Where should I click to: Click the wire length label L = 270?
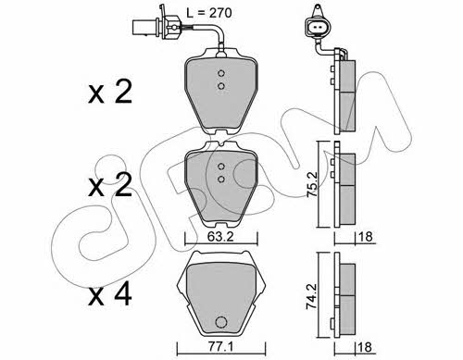point(209,13)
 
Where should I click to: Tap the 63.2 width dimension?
point(220,237)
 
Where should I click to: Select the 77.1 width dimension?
point(220,347)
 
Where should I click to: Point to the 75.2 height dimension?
point(312,184)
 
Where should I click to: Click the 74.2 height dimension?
point(312,296)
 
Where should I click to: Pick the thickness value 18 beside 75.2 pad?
point(365,237)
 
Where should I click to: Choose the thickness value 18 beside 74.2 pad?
point(365,347)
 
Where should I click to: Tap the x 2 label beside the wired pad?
point(110,91)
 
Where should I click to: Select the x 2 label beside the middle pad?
point(110,184)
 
